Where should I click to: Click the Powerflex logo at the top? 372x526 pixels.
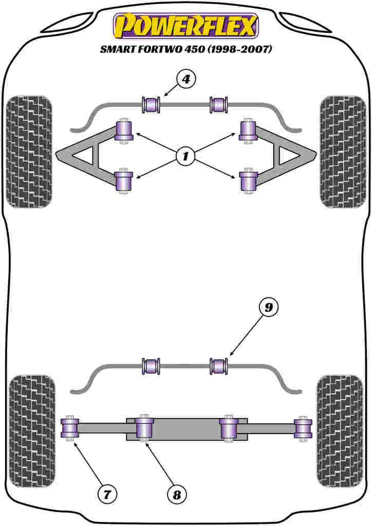(185, 26)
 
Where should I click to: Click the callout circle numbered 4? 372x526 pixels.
(186, 79)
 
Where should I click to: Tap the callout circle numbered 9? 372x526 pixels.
(268, 308)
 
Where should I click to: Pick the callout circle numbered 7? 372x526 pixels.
(107, 494)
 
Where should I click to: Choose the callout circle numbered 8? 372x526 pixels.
(177, 494)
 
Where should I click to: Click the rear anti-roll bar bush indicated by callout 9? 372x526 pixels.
(219, 366)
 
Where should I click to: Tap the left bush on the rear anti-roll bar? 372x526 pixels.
(151, 366)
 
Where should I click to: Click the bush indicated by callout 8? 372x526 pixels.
(144, 428)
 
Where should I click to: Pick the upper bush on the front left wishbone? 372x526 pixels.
(124, 130)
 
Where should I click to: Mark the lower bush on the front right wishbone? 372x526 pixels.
(248, 181)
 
